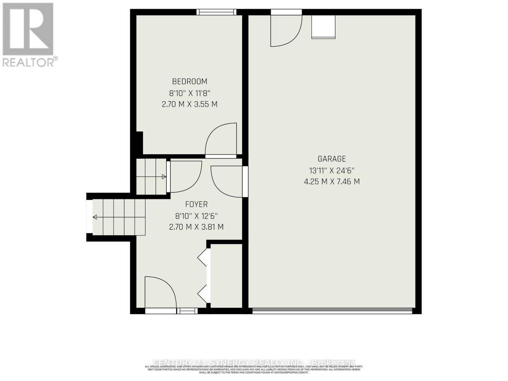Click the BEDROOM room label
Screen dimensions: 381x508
[x=190, y=82]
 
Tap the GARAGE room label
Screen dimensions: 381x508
[x=332, y=159]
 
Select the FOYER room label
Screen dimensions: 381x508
[x=196, y=204]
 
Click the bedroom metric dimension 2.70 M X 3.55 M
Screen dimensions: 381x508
[x=190, y=104]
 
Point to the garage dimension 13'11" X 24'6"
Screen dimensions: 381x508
[x=332, y=170]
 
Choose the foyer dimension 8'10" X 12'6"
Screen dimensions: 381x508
[x=196, y=216]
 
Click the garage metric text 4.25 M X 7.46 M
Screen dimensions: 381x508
[x=332, y=182]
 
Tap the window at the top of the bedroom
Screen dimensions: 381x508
[x=216, y=12]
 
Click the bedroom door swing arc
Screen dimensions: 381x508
[x=221, y=139]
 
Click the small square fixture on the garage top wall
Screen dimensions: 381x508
[x=323, y=27]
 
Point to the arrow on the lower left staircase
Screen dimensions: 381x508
[x=95, y=217]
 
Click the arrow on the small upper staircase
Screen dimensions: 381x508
[x=164, y=177]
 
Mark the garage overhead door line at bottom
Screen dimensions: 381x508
[x=332, y=311]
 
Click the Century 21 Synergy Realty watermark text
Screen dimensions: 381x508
[x=254, y=363]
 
